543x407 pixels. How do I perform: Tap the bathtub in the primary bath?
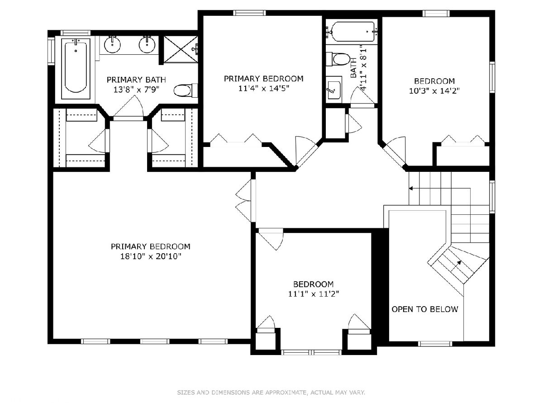pos(76,69)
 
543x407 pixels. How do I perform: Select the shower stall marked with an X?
pos(181,49)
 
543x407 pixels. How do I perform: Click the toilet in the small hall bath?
pos(338,59)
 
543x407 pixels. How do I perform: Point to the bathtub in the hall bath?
pos(352,32)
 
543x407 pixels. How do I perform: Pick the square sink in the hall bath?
pos(333,90)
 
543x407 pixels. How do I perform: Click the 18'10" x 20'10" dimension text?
pos(151,257)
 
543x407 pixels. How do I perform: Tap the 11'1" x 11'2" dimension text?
pos(314,294)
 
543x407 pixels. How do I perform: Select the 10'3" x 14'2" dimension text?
pos(434,91)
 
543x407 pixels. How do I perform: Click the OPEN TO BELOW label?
pos(425,309)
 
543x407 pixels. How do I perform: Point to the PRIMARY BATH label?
pos(136,80)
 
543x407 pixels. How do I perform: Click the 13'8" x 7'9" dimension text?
pos(136,90)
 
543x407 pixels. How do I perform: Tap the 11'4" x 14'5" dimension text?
pos(264,88)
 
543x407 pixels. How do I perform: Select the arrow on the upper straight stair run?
pos(439,189)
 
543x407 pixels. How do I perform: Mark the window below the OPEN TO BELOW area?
pos(435,344)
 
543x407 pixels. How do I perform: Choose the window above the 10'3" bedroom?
pos(436,14)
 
